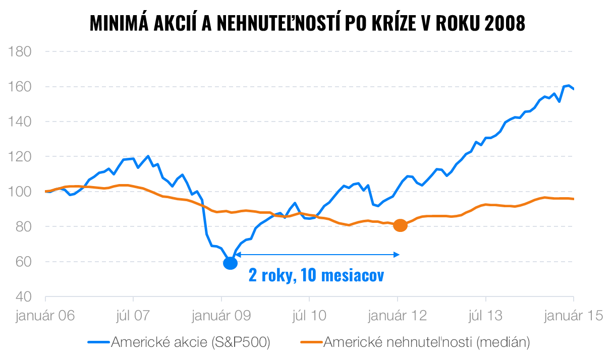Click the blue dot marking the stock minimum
coord(230,263)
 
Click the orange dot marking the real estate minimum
coord(400,225)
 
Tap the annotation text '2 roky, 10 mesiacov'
coord(316,276)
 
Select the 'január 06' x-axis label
coord(45,316)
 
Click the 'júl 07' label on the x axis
coord(133,316)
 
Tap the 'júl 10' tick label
coord(309,316)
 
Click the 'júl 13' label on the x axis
coord(485,316)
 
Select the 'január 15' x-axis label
coord(574,316)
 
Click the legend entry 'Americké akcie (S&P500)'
coord(191,342)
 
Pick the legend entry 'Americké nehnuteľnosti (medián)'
coord(426,342)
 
